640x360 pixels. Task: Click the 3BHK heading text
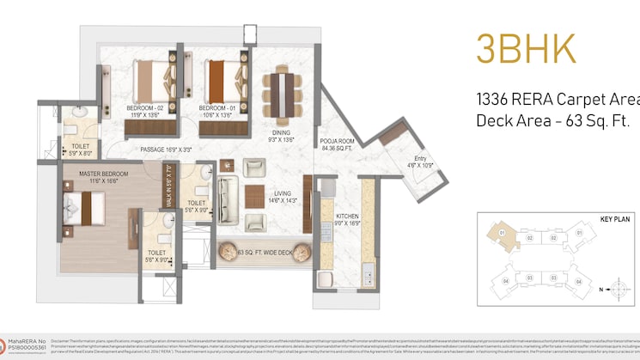527,50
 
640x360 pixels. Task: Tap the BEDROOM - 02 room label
147,109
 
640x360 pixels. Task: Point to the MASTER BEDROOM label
103,175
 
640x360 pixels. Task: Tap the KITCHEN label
329,219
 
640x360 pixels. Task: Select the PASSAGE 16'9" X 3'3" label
166,149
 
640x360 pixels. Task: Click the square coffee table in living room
255,197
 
